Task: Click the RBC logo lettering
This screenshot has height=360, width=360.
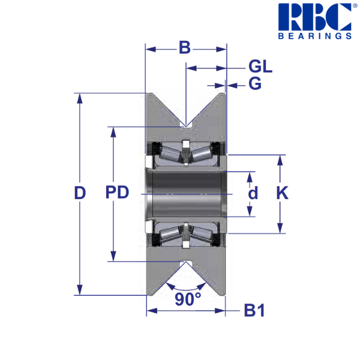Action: pyautogui.click(x=315, y=17)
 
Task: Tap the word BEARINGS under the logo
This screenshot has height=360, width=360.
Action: pyautogui.click(x=315, y=36)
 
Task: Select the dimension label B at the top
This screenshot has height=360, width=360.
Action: pyautogui.click(x=185, y=47)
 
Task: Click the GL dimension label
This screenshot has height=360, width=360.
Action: pyautogui.click(x=260, y=67)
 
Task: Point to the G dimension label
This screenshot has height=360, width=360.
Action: pyautogui.click(x=255, y=83)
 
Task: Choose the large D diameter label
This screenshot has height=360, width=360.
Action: pyautogui.click(x=80, y=193)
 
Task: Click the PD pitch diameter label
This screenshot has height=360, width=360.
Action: pyautogui.click(x=117, y=192)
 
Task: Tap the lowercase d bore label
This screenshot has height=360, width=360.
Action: pyautogui.click(x=253, y=193)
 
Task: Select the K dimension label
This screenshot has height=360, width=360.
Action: pyautogui.click(x=282, y=193)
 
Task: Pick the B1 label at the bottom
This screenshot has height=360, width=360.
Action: pyautogui.click(x=254, y=310)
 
